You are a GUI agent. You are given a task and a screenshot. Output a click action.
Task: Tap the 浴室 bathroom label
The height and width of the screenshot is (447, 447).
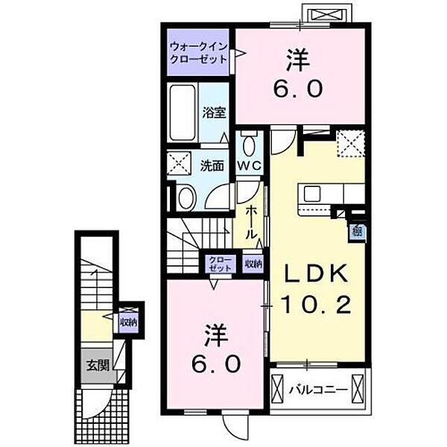click(x=214, y=113)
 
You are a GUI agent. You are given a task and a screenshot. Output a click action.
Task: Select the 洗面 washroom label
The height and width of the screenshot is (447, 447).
click(x=212, y=165)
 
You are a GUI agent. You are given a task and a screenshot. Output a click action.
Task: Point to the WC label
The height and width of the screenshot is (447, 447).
click(x=247, y=166)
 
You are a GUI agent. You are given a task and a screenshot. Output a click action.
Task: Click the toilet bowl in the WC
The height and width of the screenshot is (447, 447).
click(x=248, y=143)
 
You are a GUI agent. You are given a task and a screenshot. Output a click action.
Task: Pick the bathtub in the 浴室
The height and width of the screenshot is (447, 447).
click(x=183, y=112)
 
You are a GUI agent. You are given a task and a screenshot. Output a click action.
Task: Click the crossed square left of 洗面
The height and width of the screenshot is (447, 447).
click(x=179, y=163)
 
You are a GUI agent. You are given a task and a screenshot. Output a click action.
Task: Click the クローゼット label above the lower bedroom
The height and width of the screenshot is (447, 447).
click(x=220, y=262)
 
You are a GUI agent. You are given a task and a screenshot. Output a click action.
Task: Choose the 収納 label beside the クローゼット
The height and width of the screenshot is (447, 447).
click(x=253, y=262)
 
